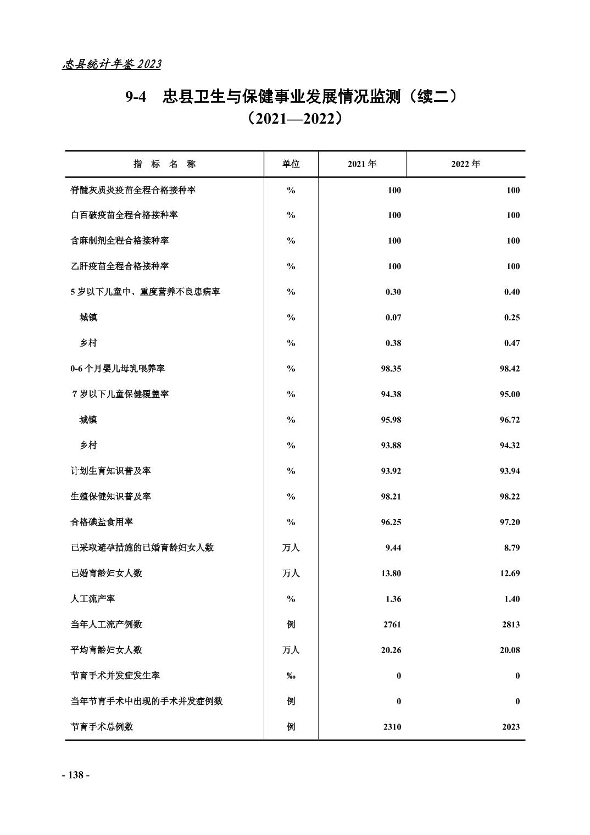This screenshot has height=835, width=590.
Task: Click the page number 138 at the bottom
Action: click(x=75, y=775)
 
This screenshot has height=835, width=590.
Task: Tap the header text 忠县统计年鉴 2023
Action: click(x=112, y=64)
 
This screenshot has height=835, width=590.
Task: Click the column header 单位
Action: click(x=291, y=164)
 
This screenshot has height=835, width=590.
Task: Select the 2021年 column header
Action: click(x=362, y=164)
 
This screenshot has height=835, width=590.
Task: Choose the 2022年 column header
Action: click(x=465, y=164)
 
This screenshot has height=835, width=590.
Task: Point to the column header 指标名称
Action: click(x=164, y=164)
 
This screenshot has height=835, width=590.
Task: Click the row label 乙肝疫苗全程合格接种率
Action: click(x=119, y=266)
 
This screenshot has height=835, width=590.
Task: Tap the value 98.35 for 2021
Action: click(x=391, y=369)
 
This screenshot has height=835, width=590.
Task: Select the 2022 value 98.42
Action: click(x=509, y=369)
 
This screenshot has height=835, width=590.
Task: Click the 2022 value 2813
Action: click(x=510, y=625)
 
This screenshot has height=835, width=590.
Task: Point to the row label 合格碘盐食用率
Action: click(x=102, y=522)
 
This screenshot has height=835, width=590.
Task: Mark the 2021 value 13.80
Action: click(x=391, y=573)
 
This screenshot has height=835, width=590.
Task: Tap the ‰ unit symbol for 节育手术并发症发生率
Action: click(x=291, y=676)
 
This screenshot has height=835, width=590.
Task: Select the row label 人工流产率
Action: click(x=93, y=599)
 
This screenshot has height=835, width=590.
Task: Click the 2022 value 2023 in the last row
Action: click(x=510, y=727)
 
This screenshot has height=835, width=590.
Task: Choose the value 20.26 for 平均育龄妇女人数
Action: click(x=391, y=650)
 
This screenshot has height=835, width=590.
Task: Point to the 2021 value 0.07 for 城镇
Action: click(x=393, y=318)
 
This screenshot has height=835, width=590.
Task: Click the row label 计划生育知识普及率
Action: click(x=110, y=471)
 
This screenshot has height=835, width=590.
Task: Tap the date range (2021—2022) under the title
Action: click(x=295, y=119)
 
